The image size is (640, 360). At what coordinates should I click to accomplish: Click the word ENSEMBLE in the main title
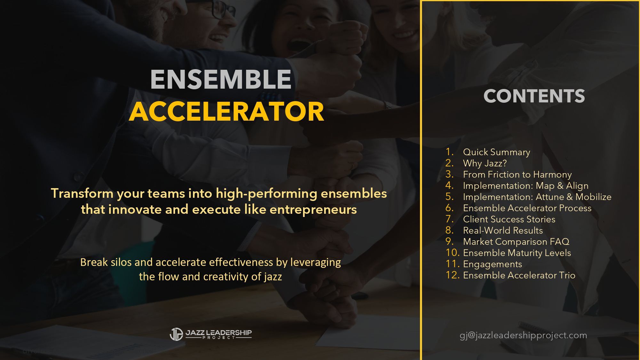pos(221,79)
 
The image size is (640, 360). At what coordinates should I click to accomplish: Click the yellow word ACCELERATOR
pos(227,112)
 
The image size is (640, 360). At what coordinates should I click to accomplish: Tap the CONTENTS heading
pos(534,96)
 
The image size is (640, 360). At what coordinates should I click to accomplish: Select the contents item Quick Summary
pos(496,152)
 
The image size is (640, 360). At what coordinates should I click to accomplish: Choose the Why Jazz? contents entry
pos(485,163)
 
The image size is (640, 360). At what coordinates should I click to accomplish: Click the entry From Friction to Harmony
pos(517,174)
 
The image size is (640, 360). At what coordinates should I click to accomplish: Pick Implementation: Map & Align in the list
pos(525,186)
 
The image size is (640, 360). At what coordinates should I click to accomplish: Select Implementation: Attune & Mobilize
pos(537,197)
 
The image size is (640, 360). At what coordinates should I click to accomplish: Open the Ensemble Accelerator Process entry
pos(527,208)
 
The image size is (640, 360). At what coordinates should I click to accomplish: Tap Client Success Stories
pos(509,219)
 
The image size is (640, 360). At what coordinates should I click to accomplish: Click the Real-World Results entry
pos(503,230)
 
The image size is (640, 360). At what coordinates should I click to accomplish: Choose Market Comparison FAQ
pos(516,242)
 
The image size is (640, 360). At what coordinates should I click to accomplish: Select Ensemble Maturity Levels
pos(517,253)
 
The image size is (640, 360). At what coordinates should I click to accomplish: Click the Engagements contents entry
pos(492,264)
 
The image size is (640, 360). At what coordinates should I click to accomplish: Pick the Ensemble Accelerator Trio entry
pos(519,275)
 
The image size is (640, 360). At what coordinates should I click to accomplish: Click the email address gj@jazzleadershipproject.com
pos(523,335)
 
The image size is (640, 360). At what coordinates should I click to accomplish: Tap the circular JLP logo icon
pos(176,334)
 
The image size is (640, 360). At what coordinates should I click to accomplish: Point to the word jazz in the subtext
pos(273,276)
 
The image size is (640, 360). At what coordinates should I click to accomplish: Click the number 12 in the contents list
pos(452,275)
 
